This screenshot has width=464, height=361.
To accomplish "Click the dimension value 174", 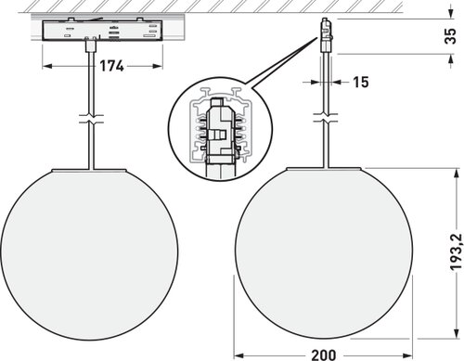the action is (111, 66).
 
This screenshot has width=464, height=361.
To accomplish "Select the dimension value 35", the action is (450, 36).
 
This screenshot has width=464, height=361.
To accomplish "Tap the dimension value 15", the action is (361, 83).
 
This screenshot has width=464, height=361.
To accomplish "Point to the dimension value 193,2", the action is (456, 252).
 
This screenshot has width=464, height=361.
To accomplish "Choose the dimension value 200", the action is (324, 355).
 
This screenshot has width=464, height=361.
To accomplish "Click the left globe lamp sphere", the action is (89, 255).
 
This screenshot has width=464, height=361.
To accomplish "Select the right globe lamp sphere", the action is (324, 254).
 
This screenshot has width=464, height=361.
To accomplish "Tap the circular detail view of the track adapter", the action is (220, 128).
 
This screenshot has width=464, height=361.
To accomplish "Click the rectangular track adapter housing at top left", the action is (101, 31).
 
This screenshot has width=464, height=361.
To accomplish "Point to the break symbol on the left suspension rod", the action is (91, 119).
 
